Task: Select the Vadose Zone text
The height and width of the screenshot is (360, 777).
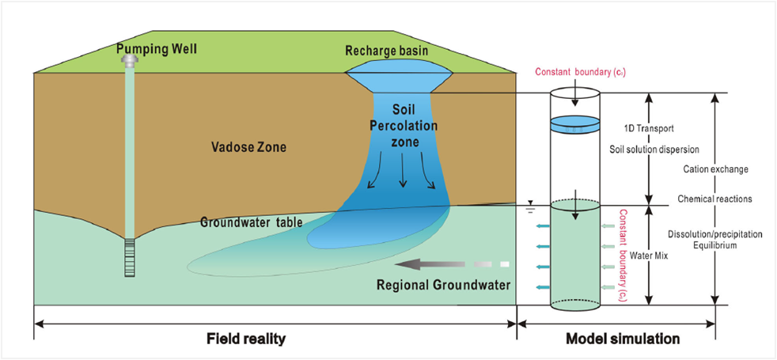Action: coord(249,147)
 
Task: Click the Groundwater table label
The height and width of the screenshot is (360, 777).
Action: coord(252,222)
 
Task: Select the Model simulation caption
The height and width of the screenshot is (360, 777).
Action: coord(623,339)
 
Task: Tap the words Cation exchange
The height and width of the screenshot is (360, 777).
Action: coord(714,169)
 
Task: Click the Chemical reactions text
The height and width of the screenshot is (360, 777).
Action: coord(714,198)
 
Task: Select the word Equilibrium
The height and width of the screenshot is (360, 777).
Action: coord(714,246)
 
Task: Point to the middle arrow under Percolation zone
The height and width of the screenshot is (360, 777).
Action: coord(403,175)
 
